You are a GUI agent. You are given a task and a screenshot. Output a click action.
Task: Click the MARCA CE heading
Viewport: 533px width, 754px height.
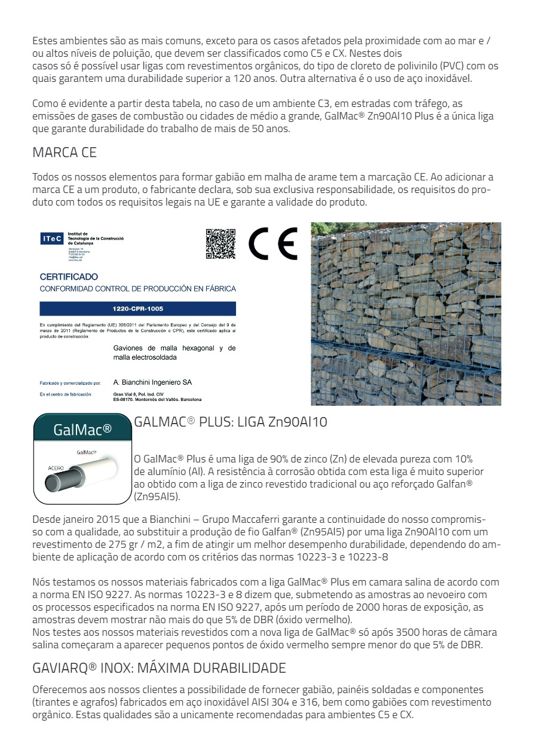(x=65, y=153)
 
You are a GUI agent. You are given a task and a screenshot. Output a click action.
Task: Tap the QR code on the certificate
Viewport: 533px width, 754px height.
(x=220, y=244)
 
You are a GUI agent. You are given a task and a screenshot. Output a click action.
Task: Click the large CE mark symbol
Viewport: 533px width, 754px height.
(x=273, y=244)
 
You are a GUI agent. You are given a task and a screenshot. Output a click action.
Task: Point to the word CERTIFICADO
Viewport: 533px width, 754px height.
(x=69, y=277)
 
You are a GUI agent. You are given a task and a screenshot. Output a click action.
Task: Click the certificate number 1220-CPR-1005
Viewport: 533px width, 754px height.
(x=137, y=309)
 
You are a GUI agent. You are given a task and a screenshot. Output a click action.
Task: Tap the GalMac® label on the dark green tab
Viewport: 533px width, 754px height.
(x=82, y=429)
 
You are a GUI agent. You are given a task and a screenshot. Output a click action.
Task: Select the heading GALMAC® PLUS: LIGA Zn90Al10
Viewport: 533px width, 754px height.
(x=231, y=422)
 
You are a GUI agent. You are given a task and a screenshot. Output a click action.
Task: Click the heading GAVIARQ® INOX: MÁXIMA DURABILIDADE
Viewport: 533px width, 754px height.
(x=159, y=667)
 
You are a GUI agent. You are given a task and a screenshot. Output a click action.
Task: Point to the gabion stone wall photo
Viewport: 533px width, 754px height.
(x=406, y=314)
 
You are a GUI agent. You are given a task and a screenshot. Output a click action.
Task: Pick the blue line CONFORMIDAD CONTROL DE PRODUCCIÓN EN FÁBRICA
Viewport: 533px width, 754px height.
(x=137, y=289)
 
